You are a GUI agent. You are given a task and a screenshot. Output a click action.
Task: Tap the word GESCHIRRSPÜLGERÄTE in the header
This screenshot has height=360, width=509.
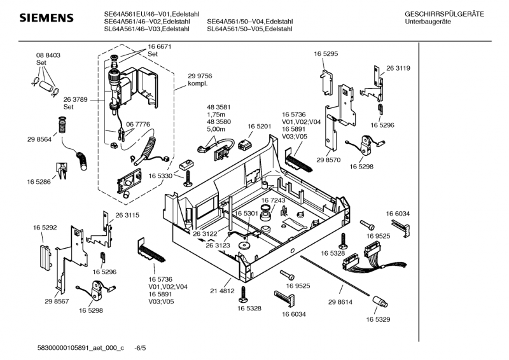point(443,13)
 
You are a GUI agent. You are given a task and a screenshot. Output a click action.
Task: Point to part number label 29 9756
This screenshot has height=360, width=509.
point(200,76)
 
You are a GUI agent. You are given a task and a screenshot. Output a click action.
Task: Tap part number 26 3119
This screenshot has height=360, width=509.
point(398,68)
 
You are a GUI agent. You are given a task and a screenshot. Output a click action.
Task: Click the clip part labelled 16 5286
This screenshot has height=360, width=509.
point(62,169)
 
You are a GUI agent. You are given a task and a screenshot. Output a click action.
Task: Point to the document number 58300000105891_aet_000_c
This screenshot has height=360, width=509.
point(80,349)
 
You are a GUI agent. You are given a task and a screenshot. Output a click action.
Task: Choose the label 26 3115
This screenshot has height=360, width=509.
point(127,216)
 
